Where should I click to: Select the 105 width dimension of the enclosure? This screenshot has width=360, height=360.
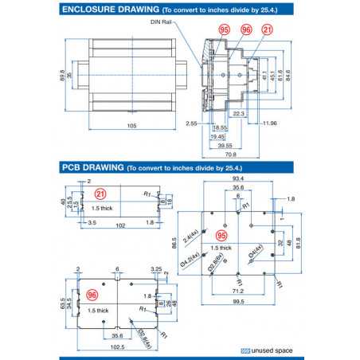click(132, 125)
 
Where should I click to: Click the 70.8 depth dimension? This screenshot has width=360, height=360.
click(232, 155)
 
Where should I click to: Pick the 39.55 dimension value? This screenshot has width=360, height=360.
click(225, 145)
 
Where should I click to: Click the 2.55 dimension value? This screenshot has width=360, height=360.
click(192, 123)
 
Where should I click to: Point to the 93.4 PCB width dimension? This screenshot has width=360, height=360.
click(237, 179)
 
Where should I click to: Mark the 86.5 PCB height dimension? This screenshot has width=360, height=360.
click(174, 241)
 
